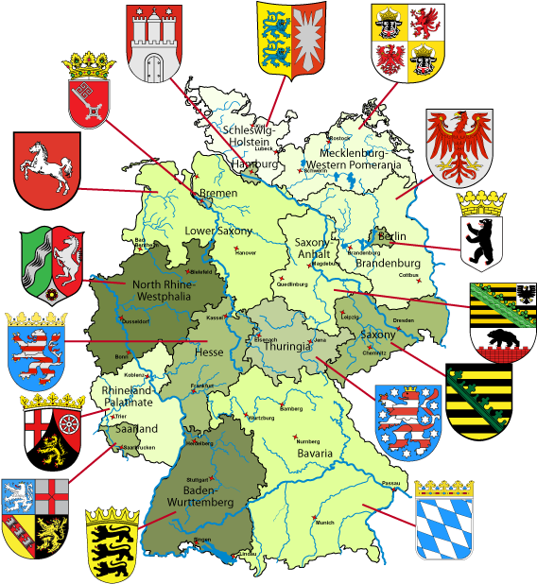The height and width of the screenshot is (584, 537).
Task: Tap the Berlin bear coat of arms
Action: (482, 230)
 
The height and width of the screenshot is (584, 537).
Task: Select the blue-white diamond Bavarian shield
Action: (443, 520)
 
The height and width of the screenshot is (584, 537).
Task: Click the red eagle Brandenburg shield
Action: (459, 144)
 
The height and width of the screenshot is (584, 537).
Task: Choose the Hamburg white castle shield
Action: (154, 42)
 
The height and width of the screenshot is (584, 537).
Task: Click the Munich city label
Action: (326, 522)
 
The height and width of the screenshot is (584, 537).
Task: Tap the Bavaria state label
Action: (314, 454)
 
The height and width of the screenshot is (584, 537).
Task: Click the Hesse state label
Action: (208, 352)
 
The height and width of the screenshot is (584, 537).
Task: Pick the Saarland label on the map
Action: (136, 428)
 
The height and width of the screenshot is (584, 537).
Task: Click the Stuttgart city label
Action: (197, 479)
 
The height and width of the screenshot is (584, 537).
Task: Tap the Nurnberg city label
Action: (308, 441)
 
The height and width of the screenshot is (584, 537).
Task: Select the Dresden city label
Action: (403, 321)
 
